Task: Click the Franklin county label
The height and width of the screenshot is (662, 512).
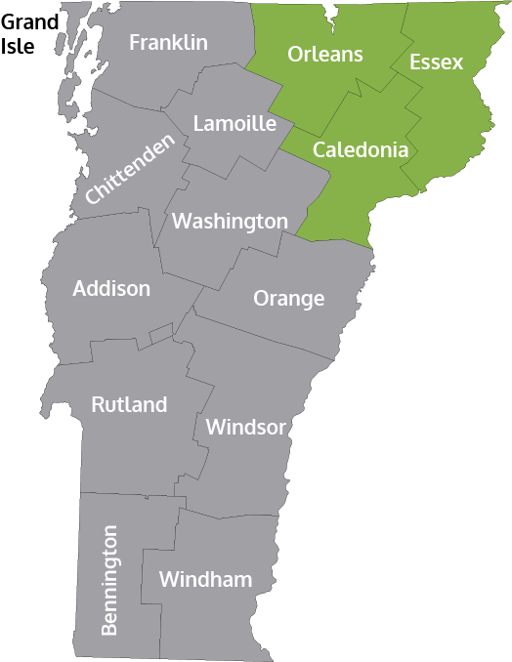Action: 168,43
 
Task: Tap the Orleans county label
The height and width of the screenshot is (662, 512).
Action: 325,54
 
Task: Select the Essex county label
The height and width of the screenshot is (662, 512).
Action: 436,62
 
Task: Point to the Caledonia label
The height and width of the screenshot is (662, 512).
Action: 360,150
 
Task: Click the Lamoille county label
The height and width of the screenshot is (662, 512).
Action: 235,124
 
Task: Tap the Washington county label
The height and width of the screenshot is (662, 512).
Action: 230,222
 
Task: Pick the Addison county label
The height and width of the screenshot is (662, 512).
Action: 111,289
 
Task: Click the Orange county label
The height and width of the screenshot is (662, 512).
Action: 288,298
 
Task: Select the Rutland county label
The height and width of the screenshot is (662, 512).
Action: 129,404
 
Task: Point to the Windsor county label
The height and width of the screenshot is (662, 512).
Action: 245,427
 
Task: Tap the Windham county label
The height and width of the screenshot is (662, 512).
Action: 205,580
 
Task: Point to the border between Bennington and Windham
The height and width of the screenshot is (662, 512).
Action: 144,576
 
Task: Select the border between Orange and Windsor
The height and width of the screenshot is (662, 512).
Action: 264,338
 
